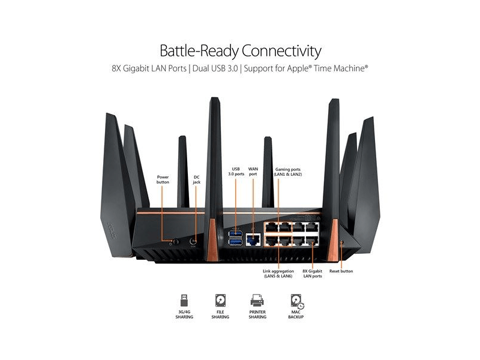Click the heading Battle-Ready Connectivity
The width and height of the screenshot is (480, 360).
tap(240, 50)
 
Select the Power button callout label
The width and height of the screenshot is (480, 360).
tap(163, 179)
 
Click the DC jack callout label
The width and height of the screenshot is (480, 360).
tap(196, 179)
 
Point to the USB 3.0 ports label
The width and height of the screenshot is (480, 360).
tap(236, 171)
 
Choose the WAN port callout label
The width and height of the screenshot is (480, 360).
tap(253, 171)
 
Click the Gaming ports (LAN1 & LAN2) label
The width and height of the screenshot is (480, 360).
tap(288, 171)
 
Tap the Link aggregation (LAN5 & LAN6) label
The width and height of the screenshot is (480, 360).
tap(278, 274)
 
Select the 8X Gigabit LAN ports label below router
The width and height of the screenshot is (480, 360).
tap(312, 274)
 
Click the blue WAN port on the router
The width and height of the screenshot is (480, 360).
tap(253, 241)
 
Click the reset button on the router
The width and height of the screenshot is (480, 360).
tap(341, 242)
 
